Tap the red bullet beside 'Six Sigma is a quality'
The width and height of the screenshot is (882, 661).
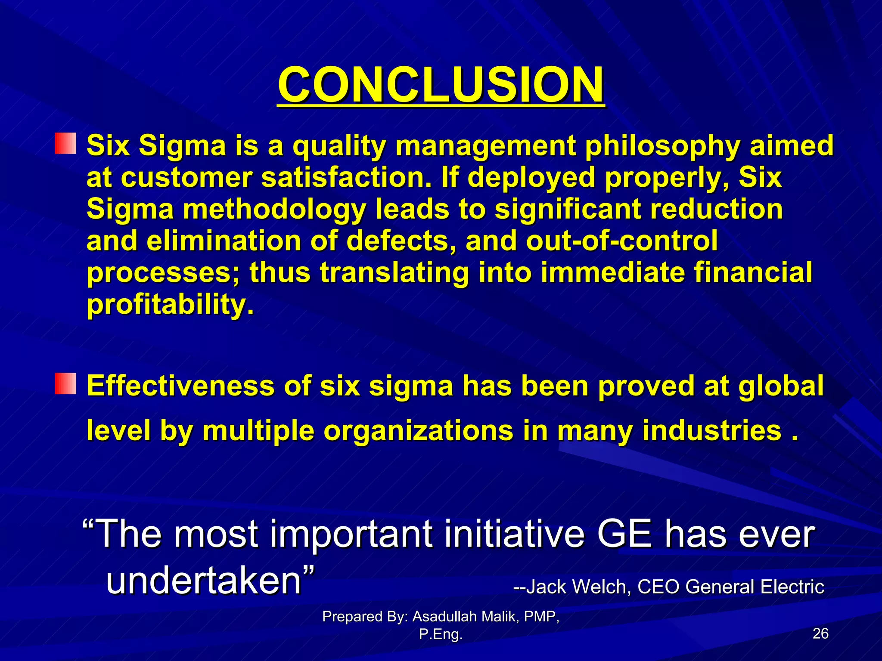point(65,144)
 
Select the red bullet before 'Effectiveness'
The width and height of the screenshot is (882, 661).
point(65,384)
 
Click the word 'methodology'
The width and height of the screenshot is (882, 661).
point(274,209)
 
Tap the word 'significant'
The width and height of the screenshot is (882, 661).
point(567,209)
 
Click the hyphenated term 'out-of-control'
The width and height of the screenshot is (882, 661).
point(621,241)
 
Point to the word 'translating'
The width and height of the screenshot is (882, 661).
point(394,273)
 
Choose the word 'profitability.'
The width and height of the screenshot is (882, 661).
point(171,305)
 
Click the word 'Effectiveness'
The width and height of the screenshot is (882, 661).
point(180,386)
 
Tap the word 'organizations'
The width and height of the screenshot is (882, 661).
point(418,430)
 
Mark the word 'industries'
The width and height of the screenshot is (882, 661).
point(711,430)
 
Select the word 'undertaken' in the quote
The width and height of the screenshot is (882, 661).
point(204,581)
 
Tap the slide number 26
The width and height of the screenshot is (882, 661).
point(820,633)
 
